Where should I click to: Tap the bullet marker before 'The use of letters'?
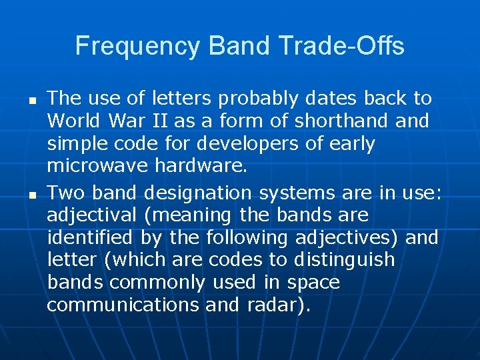(x=31, y=99)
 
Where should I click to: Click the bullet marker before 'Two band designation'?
(x=31, y=194)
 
